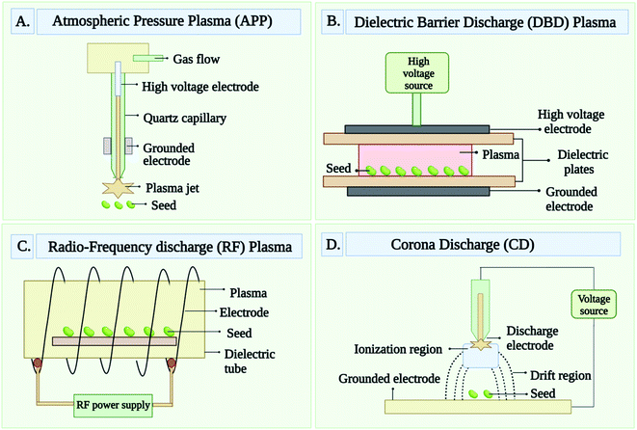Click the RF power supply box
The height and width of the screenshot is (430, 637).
coord(115,404)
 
